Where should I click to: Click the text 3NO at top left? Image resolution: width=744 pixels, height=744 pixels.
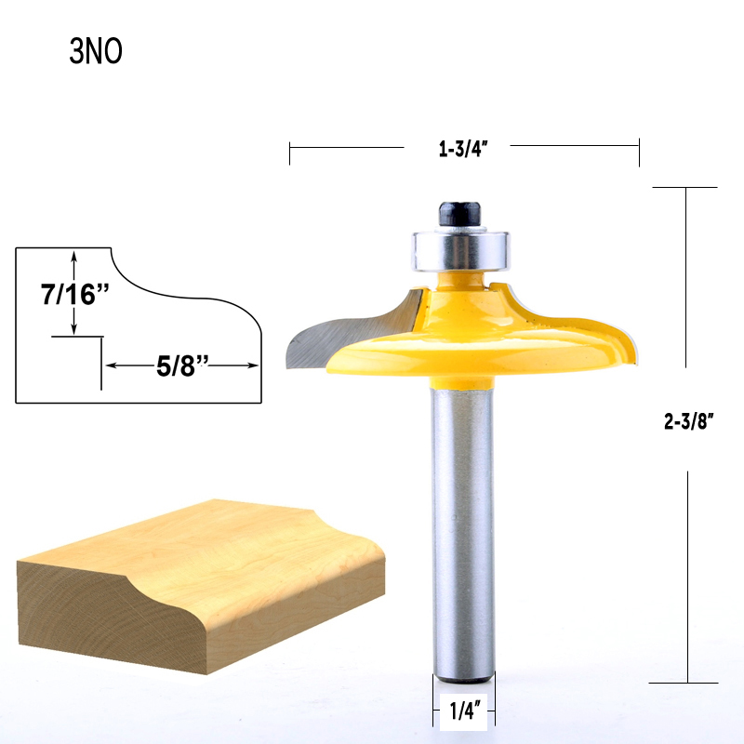tap(96, 52)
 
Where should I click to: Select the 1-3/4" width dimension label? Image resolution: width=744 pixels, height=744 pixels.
tap(464, 146)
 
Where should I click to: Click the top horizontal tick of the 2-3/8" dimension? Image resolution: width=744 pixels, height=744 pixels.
tap(685, 188)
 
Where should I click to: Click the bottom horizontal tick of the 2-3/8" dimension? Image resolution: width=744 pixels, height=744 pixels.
tap(685, 683)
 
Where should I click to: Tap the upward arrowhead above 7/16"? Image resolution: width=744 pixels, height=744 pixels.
tap(74, 254)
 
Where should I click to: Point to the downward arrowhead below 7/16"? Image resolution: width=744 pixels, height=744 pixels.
tap(74, 329)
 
